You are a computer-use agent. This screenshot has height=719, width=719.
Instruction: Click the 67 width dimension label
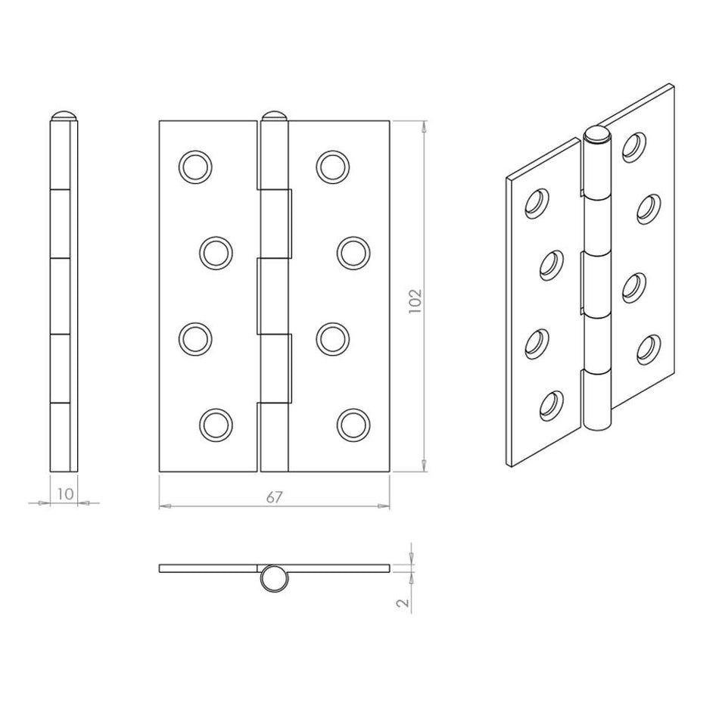tap(274, 497)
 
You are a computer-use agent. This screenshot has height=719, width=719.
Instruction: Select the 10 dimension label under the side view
tap(64, 493)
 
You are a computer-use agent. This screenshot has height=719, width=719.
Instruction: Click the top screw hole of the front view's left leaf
tap(195, 166)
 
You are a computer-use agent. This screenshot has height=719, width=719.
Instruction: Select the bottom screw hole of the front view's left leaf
tap(216, 425)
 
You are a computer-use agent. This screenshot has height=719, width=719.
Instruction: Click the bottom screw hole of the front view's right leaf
tap(352, 425)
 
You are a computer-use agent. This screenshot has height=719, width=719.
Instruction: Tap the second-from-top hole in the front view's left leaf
tap(216, 252)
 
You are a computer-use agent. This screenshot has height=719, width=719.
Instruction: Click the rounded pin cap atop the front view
tap(273, 117)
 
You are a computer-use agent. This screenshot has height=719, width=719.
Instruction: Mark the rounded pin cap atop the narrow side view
tap(64, 117)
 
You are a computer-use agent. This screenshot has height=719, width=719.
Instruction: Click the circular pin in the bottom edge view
tap(274, 580)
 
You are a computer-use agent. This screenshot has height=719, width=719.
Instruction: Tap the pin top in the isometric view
tap(597, 137)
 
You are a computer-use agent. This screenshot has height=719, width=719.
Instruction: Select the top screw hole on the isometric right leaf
tap(635, 146)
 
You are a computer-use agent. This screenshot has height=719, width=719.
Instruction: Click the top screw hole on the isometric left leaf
tap(537, 202)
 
